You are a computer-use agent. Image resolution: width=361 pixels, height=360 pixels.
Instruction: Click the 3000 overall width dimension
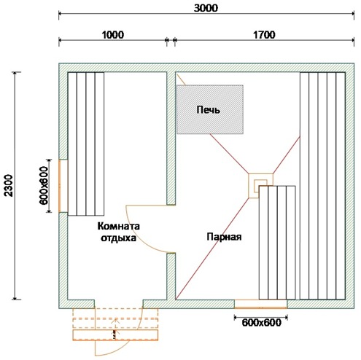point(206,8)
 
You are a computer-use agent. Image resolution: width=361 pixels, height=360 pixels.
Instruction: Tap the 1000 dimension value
point(112,35)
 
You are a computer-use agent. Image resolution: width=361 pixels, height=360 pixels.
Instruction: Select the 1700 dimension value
point(264,35)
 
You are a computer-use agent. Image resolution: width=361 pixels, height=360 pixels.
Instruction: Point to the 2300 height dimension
point(9,185)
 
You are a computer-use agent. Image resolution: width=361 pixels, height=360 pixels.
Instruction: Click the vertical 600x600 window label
point(44,186)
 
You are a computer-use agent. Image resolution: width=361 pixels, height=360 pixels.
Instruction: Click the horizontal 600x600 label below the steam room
point(261,323)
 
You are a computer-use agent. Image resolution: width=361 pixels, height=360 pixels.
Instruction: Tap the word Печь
point(209,110)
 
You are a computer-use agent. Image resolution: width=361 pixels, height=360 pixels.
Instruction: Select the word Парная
point(224,236)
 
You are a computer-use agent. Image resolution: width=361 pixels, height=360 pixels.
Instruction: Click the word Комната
point(119,226)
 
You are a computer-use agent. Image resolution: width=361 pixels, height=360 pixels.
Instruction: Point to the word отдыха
point(118,238)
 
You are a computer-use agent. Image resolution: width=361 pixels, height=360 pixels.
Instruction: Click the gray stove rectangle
point(210,109)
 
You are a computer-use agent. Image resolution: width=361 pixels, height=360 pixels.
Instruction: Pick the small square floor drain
point(260,186)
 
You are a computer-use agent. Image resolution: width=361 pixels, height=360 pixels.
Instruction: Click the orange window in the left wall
point(59,186)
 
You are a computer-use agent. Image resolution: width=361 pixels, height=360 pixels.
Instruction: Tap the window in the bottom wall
point(260,304)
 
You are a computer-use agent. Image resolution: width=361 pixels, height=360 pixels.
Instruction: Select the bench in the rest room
point(86,144)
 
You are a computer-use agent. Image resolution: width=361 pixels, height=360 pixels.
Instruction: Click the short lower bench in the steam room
point(277,243)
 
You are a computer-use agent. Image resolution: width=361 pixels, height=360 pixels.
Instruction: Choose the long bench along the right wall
point(322,186)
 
